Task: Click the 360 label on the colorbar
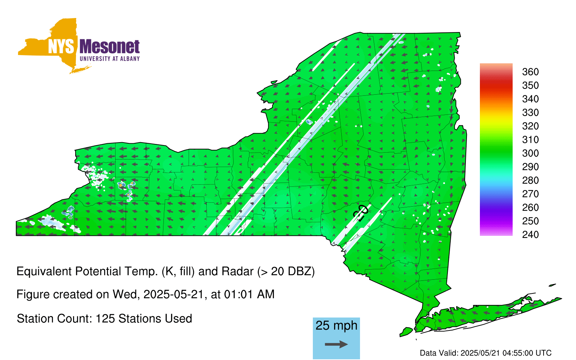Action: tap(530, 72)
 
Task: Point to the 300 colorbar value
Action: tap(530, 153)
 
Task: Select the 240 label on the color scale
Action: tap(530, 234)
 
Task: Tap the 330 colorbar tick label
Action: tap(530, 113)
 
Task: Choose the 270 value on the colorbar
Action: tap(530, 194)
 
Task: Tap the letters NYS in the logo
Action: tap(61, 46)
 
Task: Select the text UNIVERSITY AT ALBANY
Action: tap(110, 59)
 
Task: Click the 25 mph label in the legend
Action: tap(336, 325)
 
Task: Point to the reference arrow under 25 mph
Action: tap(336, 344)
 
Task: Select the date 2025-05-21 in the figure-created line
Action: tap(174, 294)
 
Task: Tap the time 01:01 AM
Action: tap(249, 294)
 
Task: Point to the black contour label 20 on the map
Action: tap(360, 213)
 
